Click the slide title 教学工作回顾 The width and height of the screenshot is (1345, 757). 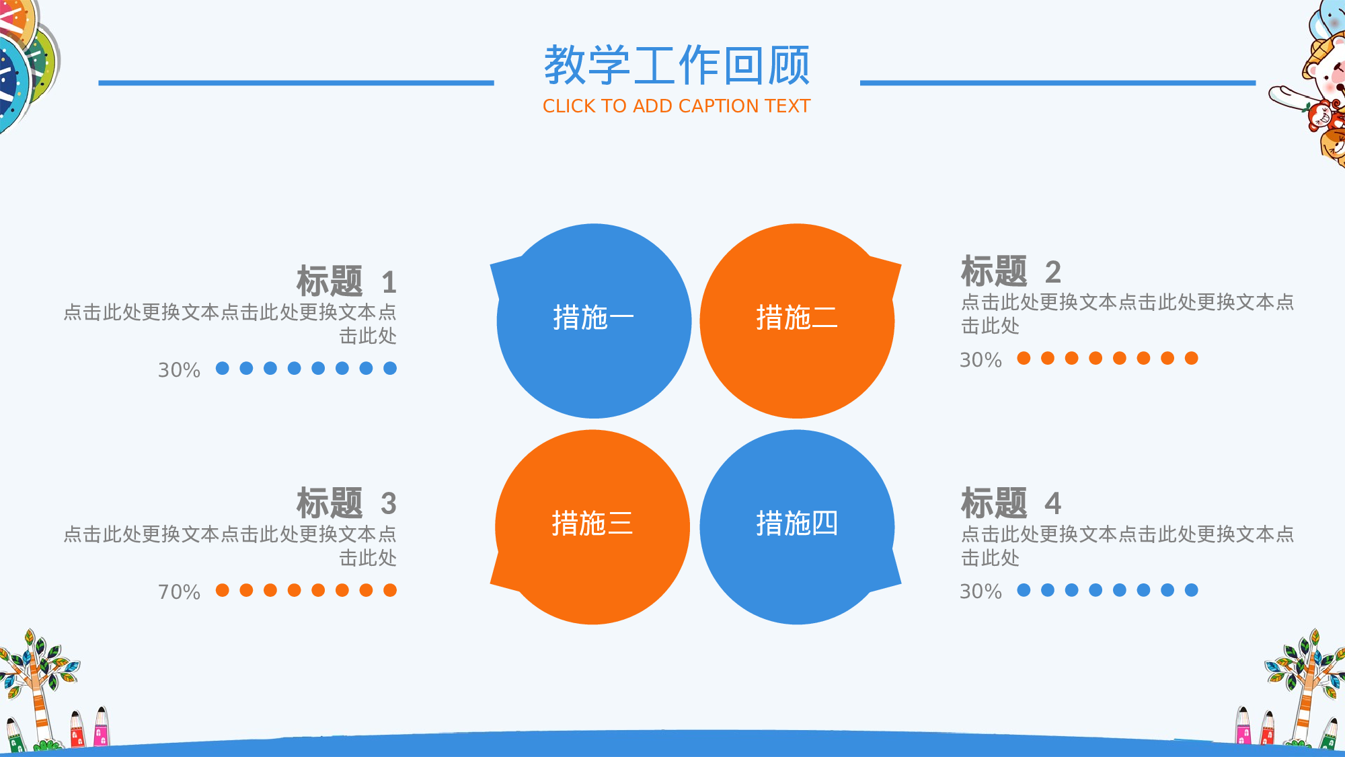click(677, 65)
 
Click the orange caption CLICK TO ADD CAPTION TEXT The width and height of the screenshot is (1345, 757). click(677, 106)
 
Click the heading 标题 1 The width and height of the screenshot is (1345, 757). click(346, 281)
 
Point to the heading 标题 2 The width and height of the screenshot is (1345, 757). click(1011, 271)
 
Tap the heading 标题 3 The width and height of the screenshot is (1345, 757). click(346, 503)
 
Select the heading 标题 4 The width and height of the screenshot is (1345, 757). click(1011, 503)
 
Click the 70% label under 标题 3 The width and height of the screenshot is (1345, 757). click(179, 592)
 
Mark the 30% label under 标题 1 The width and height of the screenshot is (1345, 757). click(179, 370)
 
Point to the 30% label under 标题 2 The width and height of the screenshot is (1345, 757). click(981, 360)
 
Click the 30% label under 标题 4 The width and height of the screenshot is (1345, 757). click(981, 591)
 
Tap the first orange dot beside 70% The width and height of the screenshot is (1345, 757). click(223, 590)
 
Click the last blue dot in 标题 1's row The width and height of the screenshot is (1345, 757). click(390, 368)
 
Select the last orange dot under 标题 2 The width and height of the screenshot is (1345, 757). click(1192, 358)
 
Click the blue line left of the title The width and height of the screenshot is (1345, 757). click(296, 83)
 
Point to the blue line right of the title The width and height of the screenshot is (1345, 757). click(1057, 83)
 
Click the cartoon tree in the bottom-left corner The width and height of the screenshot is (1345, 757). click(37, 680)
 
